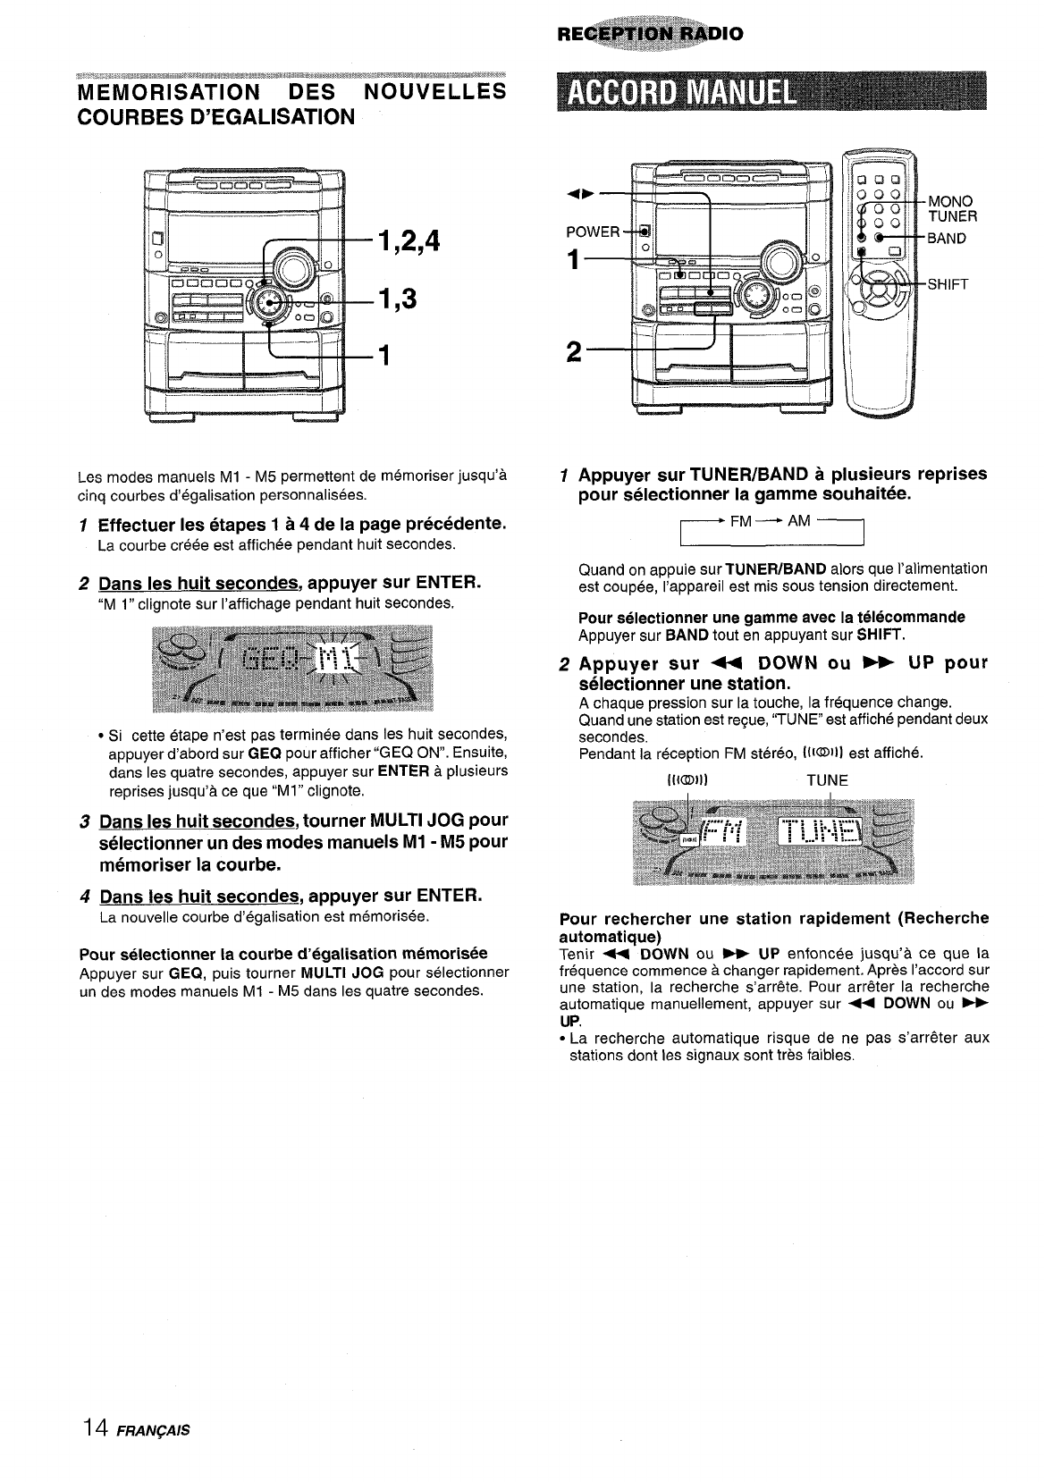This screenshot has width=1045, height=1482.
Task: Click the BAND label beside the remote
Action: click(947, 239)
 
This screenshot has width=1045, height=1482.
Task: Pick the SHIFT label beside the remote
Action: click(948, 284)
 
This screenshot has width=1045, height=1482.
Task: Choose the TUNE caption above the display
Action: click(827, 780)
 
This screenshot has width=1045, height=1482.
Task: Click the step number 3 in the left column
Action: click(83, 821)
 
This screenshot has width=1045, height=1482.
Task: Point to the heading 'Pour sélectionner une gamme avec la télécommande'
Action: click(771, 618)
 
